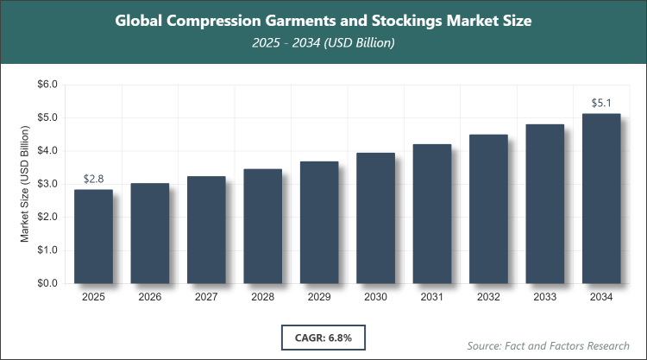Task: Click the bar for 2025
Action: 93,236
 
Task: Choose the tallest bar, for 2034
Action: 601,198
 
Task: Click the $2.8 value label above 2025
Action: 93,179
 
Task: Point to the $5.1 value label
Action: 601,103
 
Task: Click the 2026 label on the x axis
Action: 149,298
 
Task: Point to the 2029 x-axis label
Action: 319,298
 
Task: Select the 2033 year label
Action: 545,298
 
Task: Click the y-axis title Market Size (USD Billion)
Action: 25,184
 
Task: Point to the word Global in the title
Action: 141,20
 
